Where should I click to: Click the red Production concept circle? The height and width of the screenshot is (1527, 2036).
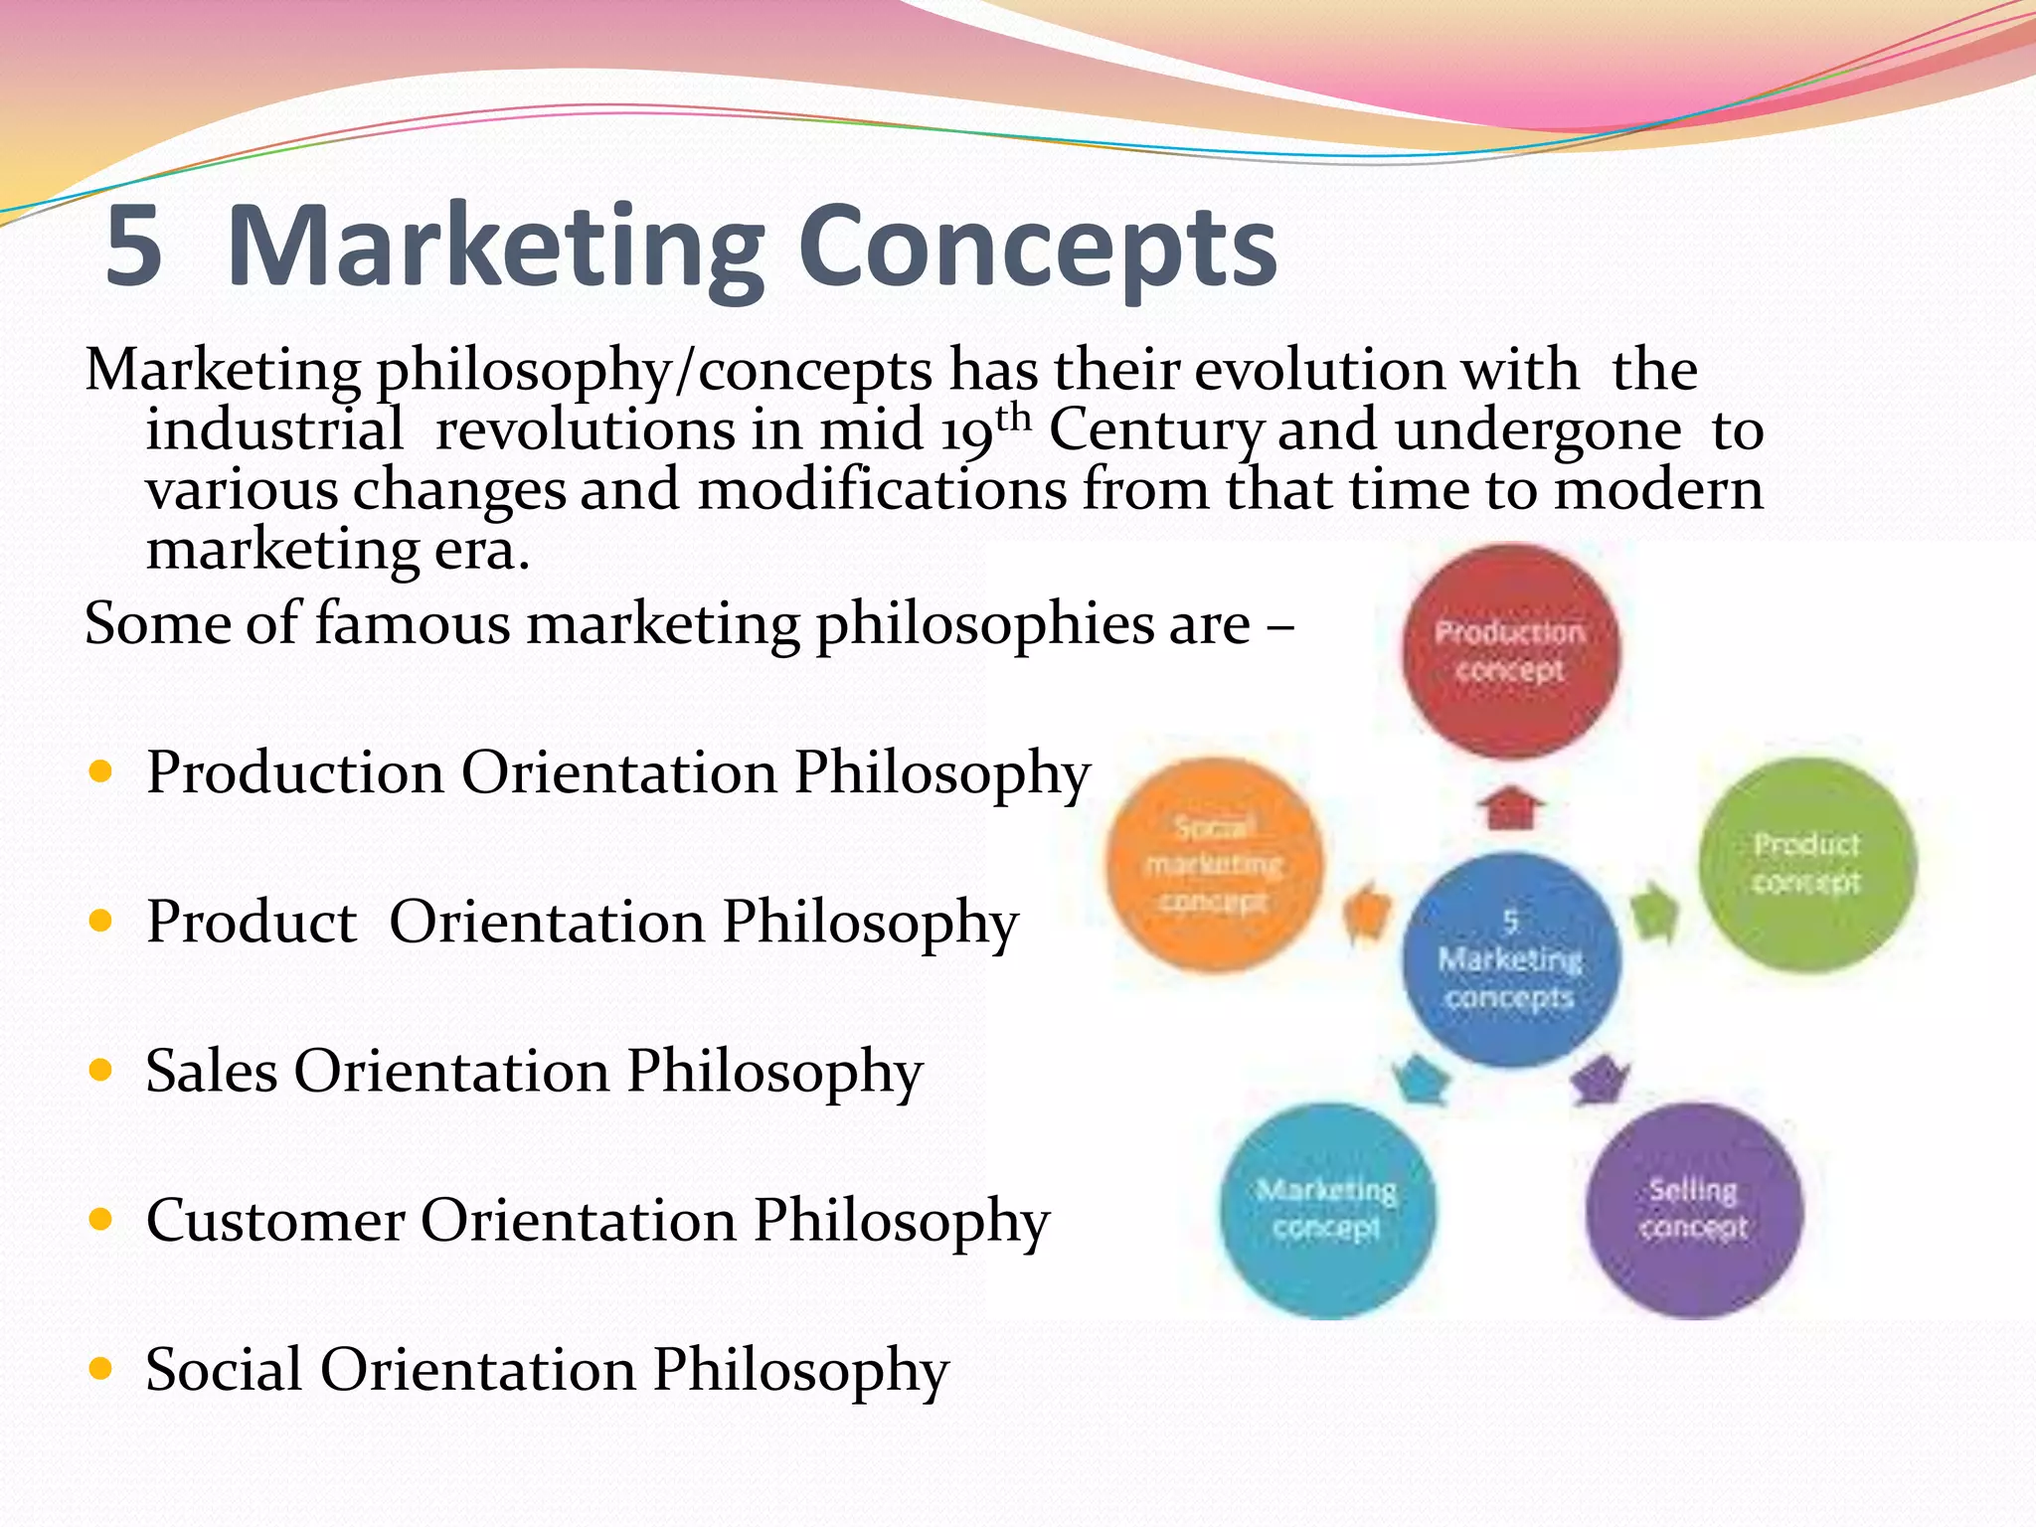click(x=1510, y=651)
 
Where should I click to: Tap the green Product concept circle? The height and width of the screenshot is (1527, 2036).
click(x=1806, y=864)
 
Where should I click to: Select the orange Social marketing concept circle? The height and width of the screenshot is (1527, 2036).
click(x=1214, y=864)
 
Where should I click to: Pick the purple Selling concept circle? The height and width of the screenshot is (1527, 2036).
click(x=1693, y=1210)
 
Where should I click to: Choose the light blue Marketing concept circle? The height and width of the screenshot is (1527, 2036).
click(x=1327, y=1210)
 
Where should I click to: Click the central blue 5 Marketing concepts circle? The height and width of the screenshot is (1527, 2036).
click(x=1510, y=960)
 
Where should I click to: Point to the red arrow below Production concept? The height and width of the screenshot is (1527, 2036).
click(x=1511, y=807)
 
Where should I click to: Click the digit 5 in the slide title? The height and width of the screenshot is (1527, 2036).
click(x=133, y=246)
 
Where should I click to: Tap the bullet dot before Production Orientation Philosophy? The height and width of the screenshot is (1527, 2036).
click(x=100, y=771)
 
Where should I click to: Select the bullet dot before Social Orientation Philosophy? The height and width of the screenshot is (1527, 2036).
click(x=100, y=1369)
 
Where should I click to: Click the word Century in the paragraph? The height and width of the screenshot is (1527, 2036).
click(x=1155, y=431)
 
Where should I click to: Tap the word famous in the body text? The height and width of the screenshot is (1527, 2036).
click(x=413, y=624)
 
